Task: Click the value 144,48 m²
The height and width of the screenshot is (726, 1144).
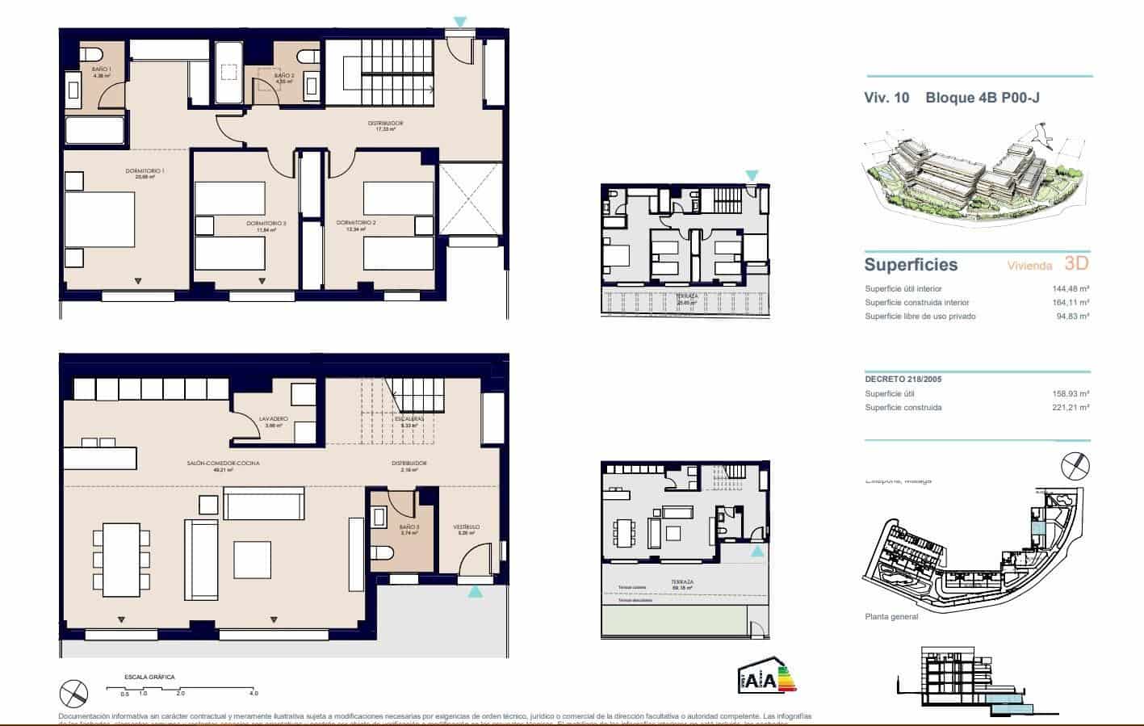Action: (x=1071, y=289)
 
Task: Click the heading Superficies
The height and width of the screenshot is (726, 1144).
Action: (x=911, y=265)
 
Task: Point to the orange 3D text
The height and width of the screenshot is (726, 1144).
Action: (x=1076, y=263)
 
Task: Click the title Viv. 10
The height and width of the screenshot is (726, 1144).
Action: (x=886, y=98)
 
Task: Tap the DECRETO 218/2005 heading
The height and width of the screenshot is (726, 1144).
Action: (x=903, y=379)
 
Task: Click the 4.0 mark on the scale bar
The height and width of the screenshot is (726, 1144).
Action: (x=254, y=694)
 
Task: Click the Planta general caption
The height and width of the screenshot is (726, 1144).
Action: (x=891, y=617)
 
